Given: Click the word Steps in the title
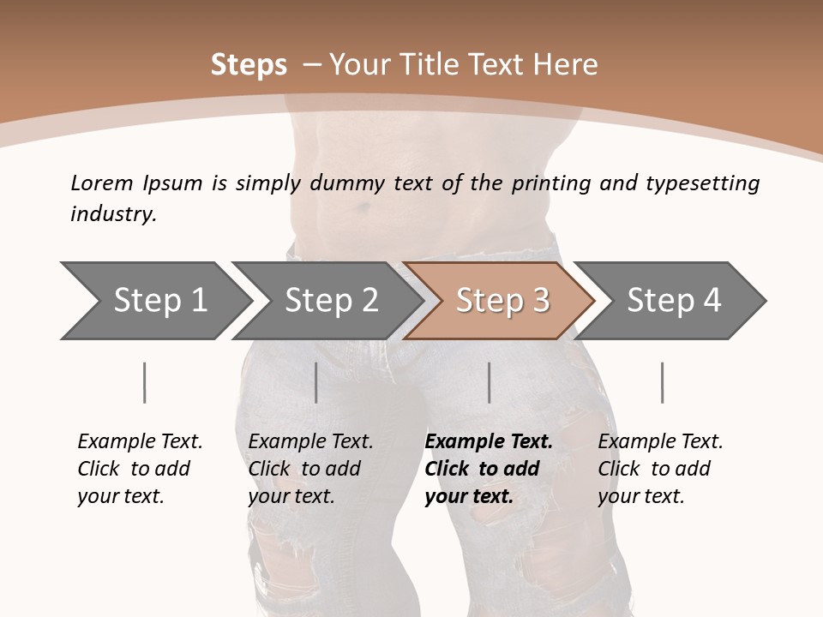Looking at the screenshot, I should (x=249, y=65).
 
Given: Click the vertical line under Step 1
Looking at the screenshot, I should (x=144, y=382).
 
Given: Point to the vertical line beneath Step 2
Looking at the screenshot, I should (x=316, y=382).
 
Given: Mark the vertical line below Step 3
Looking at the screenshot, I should (x=489, y=382).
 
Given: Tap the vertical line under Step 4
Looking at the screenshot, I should (x=662, y=382).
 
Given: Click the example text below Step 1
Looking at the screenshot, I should (x=140, y=469).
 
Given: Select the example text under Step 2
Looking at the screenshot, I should (x=310, y=469).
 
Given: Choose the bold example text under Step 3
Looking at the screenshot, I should (x=489, y=469).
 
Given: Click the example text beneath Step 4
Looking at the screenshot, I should (x=660, y=469).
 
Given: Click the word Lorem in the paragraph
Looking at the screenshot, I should (x=102, y=183).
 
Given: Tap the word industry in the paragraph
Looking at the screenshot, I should (x=111, y=214).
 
